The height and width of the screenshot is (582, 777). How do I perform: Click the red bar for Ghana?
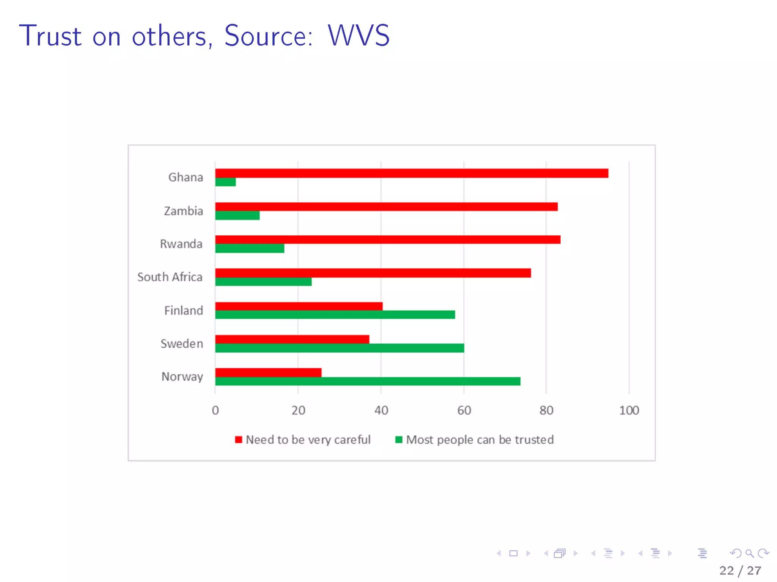tap(412, 173)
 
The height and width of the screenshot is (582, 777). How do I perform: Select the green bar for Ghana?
tap(225, 182)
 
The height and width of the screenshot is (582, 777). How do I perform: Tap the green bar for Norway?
tap(368, 381)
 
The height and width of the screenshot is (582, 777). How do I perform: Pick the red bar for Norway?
tap(268, 372)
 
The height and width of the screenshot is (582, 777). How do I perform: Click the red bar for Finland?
tap(299, 306)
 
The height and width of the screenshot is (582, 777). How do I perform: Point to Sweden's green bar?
tap(340, 348)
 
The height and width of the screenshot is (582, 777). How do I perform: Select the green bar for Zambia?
tap(238, 216)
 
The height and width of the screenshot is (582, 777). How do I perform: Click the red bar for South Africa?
tap(373, 273)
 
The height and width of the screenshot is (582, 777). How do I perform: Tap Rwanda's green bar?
tap(250, 249)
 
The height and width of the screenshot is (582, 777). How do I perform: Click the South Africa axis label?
tap(170, 277)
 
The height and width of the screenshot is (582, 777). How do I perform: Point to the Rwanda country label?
tap(181, 244)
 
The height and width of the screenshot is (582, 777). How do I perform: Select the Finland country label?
tap(184, 311)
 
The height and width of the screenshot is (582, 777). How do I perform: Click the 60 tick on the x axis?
tap(464, 410)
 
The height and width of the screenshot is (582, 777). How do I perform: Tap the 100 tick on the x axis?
tap(629, 410)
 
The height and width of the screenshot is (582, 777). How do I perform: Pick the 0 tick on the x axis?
tap(215, 410)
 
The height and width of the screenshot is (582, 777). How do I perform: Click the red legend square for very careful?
tap(238, 440)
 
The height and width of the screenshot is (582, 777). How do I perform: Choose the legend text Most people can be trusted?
tap(480, 440)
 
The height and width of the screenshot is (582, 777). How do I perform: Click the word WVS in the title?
tap(359, 36)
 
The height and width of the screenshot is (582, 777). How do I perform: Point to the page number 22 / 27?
tap(740, 571)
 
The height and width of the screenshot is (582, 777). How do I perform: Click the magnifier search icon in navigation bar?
tap(749, 553)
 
